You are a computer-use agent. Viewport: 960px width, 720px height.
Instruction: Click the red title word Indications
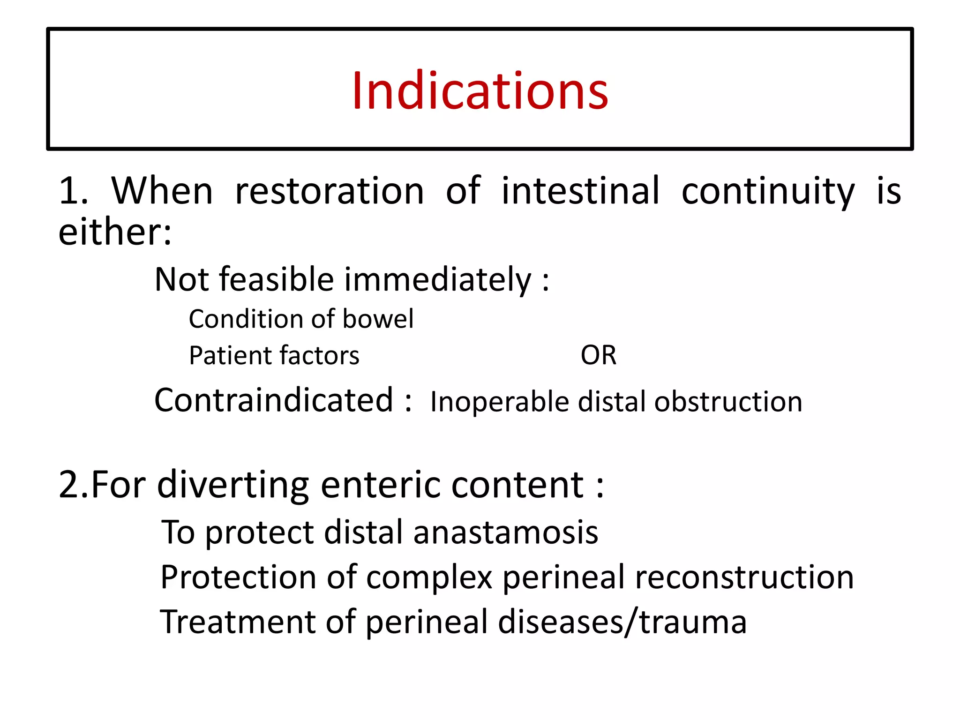480,91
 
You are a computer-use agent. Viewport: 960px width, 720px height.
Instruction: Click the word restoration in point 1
330,191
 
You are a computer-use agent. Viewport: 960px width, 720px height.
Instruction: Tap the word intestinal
580,191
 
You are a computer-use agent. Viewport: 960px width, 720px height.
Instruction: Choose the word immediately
438,280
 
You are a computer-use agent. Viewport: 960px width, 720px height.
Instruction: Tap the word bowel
378,319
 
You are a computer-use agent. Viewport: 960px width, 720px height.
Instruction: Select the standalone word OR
598,355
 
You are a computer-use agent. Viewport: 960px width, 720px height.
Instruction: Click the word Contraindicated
274,400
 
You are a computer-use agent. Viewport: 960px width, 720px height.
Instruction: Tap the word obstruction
728,402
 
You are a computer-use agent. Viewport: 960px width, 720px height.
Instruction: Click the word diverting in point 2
233,486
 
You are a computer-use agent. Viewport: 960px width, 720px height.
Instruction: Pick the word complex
429,577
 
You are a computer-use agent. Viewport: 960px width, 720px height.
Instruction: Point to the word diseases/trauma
622,622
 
